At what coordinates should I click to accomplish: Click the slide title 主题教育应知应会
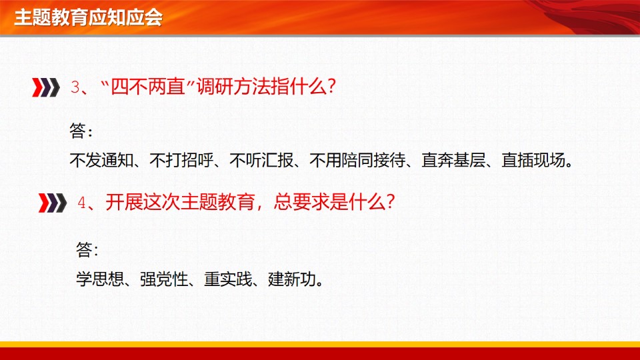click(x=88, y=17)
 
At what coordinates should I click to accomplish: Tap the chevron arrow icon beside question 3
click(x=46, y=87)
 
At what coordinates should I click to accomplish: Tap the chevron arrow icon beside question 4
click(x=53, y=203)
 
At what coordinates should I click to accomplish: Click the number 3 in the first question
click(x=75, y=87)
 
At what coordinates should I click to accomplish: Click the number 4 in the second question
click(x=81, y=203)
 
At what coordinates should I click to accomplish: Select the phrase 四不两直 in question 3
click(x=148, y=87)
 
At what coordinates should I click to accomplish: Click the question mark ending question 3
click(x=331, y=87)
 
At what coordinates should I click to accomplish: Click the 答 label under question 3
click(x=77, y=131)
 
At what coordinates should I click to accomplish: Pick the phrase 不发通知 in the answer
click(x=101, y=161)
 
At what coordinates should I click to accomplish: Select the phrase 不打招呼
click(x=181, y=161)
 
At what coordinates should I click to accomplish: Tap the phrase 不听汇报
click(x=261, y=161)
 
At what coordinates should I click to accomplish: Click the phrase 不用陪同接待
click(x=357, y=161)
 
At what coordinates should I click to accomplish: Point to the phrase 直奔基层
click(x=453, y=161)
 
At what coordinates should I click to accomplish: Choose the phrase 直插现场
click(x=533, y=161)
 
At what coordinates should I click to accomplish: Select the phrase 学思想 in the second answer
click(x=100, y=279)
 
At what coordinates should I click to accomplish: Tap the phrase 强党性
click(x=164, y=279)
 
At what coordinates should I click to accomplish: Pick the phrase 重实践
click(x=228, y=279)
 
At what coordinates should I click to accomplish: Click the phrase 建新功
click(x=292, y=279)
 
